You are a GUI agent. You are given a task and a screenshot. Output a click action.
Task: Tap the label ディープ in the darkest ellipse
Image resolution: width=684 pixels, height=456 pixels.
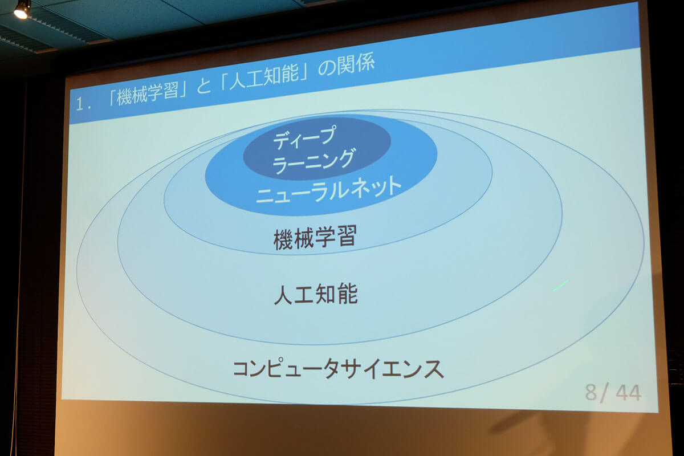(x=304, y=137)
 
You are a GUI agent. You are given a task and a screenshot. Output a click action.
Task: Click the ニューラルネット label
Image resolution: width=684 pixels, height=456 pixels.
(x=328, y=190)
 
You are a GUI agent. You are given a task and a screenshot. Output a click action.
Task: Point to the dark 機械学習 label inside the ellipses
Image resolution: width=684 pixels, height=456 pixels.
(x=315, y=237)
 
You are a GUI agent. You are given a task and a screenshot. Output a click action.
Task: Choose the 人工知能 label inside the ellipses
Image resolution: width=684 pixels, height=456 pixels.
(x=316, y=294)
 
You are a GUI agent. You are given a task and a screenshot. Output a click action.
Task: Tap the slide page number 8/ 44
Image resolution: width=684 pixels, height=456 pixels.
(x=613, y=393)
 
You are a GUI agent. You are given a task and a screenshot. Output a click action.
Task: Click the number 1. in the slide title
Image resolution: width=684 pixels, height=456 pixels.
(x=83, y=104)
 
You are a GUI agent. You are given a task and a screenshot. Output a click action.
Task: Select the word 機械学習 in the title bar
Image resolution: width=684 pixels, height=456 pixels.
(x=148, y=93)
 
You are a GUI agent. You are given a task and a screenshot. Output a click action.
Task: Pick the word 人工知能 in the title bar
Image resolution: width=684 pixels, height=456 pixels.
(x=264, y=78)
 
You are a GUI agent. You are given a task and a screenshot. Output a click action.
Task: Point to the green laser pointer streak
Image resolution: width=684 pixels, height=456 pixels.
(x=561, y=285)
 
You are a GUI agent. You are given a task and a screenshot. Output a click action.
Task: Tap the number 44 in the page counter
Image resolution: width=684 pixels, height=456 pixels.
(x=628, y=393)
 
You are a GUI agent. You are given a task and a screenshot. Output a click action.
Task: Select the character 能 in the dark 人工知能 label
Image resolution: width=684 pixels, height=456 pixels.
(x=348, y=294)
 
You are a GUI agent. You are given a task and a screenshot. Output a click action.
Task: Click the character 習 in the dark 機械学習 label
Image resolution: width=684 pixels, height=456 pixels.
(x=347, y=236)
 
